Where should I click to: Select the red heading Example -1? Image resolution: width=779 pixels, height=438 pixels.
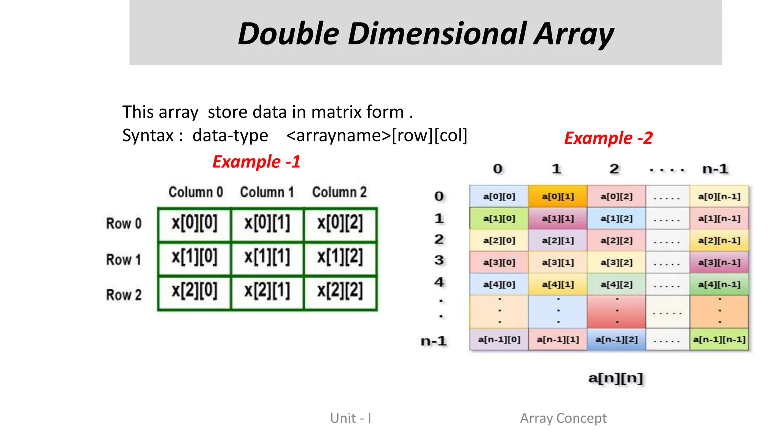pyautogui.click(x=256, y=162)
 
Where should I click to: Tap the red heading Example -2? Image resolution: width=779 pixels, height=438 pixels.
pyautogui.click(x=608, y=138)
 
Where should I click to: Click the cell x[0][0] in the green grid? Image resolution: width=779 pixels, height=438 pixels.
pyautogui.click(x=194, y=223)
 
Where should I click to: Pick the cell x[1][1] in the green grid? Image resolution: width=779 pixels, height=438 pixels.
pyautogui.click(x=267, y=257)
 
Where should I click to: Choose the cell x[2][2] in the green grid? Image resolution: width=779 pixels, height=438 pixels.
pyautogui.click(x=340, y=291)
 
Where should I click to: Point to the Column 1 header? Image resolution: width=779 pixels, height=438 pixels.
pyautogui.click(x=267, y=192)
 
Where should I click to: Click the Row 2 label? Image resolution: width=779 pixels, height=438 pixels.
pyautogui.click(x=124, y=295)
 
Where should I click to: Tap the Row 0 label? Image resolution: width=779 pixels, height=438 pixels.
pyautogui.click(x=124, y=224)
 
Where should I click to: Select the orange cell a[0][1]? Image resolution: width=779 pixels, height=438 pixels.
pyautogui.click(x=558, y=197)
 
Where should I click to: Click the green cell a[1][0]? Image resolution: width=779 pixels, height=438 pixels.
pyautogui.click(x=499, y=219)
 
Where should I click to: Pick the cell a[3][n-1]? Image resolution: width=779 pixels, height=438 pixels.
pyautogui.click(x=719, y=262)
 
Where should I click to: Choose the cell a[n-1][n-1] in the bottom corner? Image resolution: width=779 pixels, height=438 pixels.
pyautogui.click(x=719, y=339)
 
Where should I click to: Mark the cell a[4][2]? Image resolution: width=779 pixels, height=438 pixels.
pyautogui.click(x=616, y=284)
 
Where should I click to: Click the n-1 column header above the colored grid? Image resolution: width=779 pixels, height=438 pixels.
pyautogui.click(x=715, y=169)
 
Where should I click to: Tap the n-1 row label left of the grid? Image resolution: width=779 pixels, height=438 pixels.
pyautogui.click(x=434, y=341)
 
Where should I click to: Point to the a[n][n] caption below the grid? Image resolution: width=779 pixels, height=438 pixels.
pyautogui.click(x=615, y=378)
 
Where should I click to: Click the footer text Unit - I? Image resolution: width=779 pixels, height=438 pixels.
pyautogui.click(x=351, y=418)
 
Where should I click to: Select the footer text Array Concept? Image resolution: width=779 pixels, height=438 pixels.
pyautogui.click(x=563, y=418)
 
